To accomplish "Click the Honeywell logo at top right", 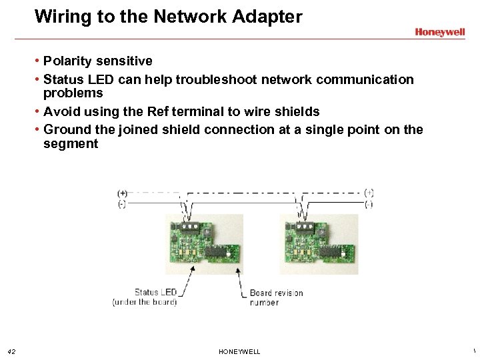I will coord(439,31).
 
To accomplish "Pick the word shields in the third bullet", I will coord(297,111).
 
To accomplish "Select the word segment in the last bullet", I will coord(71,144).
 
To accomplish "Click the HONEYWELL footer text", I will coord(239,351).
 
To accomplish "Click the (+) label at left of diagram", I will coord(123,193).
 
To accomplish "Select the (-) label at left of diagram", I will coord(122,204).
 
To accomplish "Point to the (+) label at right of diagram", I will coord(369,193).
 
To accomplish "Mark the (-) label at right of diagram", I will coord(369,204).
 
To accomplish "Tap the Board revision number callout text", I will coord(275,297).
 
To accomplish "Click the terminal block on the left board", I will coord(190,227).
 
